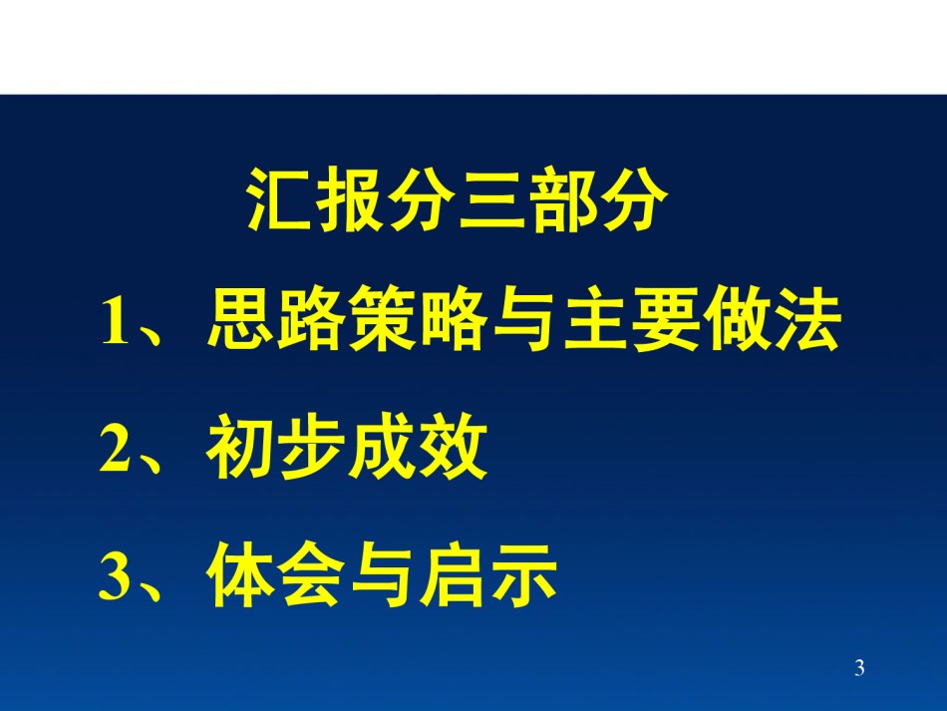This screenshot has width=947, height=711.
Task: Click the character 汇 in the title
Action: click(279, 198)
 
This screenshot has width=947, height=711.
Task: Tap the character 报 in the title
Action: click(351, 198)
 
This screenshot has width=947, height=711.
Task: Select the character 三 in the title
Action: click(492, 199)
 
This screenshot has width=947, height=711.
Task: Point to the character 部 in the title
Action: click(563, 198)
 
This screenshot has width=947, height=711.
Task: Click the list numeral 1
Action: click(116, 321)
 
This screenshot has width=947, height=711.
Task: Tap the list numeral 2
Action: click(116, 448)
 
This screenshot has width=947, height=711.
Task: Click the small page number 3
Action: click(859, 667)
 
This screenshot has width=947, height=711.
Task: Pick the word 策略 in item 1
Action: click(418, 318)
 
